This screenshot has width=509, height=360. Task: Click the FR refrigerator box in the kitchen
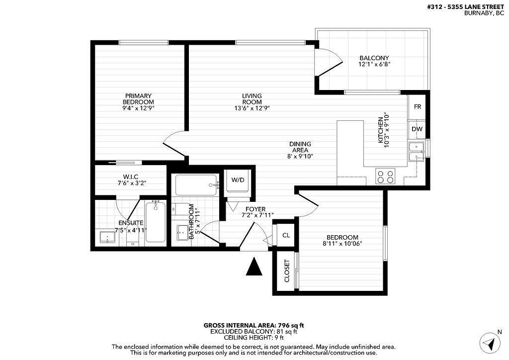point(418,106)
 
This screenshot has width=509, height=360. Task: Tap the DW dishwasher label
point(418,129)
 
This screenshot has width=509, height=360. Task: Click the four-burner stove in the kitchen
point(385,177)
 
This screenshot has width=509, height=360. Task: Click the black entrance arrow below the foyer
point(254,267)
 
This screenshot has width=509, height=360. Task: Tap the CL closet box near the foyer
point(286,236)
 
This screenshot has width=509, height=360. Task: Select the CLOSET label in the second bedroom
point(287,271)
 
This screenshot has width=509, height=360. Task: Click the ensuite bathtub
point(155,222)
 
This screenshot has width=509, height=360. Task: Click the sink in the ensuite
point(107,237)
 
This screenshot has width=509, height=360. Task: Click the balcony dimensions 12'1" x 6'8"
point(374,64)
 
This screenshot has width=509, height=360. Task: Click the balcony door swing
point(329,62)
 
